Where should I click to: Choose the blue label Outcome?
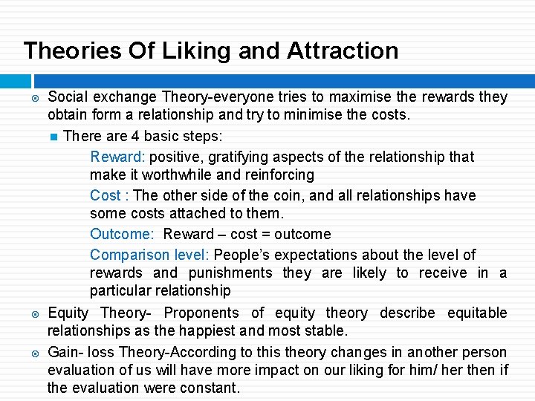coord(122,234)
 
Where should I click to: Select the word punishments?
coord(231,273)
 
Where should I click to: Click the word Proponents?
coord(201,313)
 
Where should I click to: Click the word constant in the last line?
coord(210,388)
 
